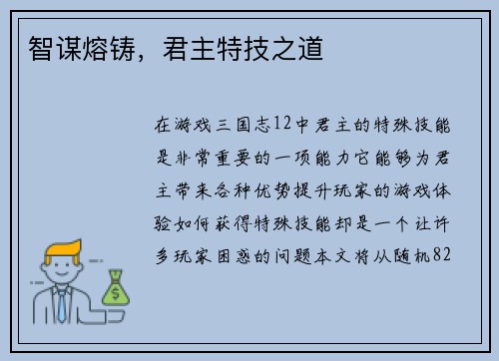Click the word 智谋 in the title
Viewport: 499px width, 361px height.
point(46,45)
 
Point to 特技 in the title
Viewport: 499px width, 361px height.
point(261,45)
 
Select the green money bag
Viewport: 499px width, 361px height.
point(115,288)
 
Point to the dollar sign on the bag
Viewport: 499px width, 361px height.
point(115,292)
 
